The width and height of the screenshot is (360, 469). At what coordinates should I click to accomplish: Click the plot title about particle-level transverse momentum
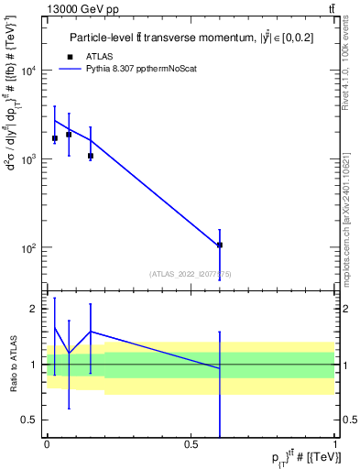pos(191,38)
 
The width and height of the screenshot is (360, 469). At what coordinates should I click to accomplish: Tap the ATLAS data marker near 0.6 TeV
pos(220,245)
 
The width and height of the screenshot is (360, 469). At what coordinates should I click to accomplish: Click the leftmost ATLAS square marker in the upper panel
pos(55,138)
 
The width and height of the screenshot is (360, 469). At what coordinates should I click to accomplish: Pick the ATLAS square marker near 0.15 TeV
pos(91,156)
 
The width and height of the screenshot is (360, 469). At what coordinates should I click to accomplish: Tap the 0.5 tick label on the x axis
pos(191,443)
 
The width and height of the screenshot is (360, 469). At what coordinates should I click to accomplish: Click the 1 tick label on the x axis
pos(336,443)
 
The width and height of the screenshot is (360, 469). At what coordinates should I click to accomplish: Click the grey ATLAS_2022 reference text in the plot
pos(191,273)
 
